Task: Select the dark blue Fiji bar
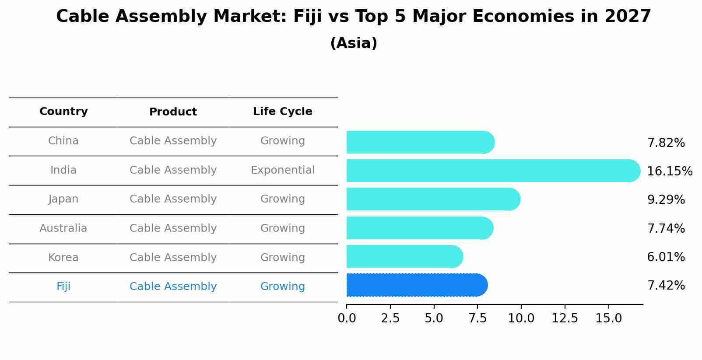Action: click(x=416, y=285)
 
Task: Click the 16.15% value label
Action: click(x=669, y=171)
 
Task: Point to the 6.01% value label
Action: click(x=666, y=257)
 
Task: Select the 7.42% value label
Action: click(x=666, y=286)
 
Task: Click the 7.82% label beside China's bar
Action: click(x=666, y=143)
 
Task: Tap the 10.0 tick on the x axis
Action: click(x=521, y=318)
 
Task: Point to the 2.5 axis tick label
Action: click(x=390, y=318)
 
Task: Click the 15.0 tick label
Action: click(x=608, y=318)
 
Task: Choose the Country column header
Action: click(x=63, y=112)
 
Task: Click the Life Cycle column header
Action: click(x=282, y=112)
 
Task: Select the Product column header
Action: click(x=173, y=112)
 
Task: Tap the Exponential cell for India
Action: click(x=282, y=170)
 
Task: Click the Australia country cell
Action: click(x=63, y=228)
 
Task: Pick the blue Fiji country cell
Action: click(x=63, y=287)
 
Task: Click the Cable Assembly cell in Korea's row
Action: click(x=173, y=258)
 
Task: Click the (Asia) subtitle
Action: click(x=353, y=43)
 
